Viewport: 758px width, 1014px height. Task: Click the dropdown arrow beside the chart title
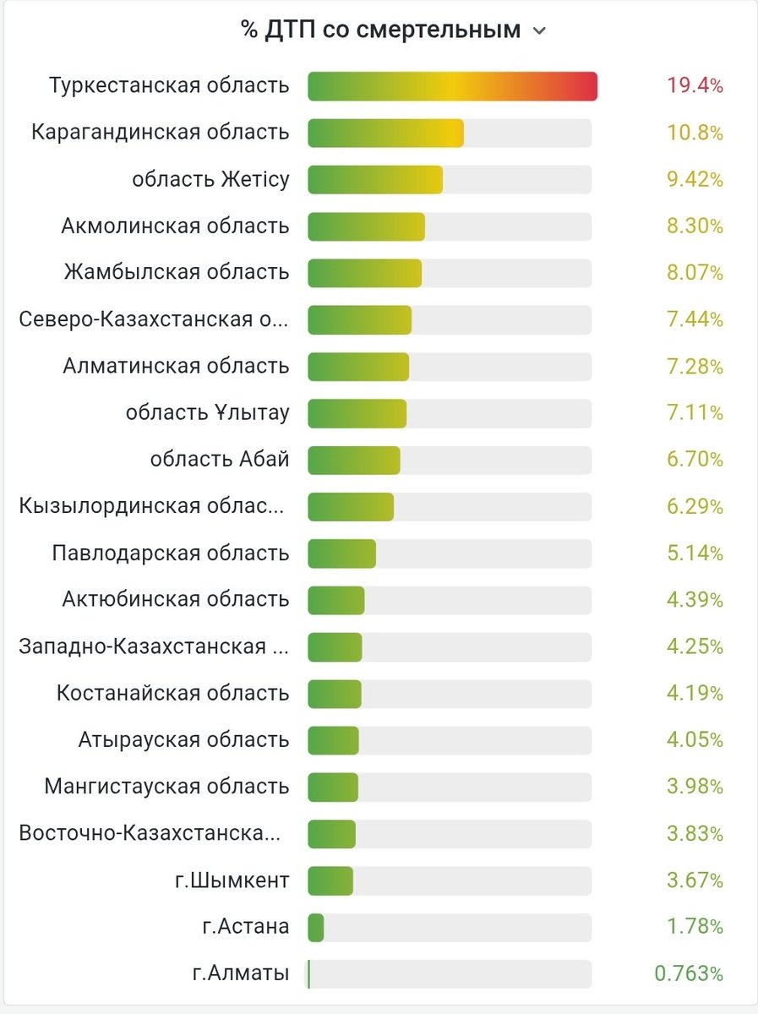coord(539,32)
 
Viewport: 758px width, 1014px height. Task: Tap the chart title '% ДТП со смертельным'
coord(380,30)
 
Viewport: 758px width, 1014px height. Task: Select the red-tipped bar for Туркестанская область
coord(452,86)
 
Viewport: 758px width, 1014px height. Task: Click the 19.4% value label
coord(695,86)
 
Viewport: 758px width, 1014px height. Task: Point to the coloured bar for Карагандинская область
coord(385,133)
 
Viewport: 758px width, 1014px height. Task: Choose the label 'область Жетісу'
coord(210,179)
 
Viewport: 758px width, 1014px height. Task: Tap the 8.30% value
coord(695,226)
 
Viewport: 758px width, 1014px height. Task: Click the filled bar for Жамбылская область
coord(364,273)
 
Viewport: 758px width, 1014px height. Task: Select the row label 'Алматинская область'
coord(176,366)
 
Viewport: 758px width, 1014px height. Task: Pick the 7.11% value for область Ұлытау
coord(695,413)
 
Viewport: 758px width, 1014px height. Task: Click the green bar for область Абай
coord(353,460)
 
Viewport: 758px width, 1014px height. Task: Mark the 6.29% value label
coord(695,507)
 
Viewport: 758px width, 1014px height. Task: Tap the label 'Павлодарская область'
coord(171,553)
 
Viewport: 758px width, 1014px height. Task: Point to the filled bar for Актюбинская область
coord(336,600)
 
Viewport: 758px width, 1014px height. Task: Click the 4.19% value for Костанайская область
coord(695,694)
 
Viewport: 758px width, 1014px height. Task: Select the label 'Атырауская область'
coord(183,740)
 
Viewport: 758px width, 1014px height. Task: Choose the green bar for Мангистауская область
coord(333,787)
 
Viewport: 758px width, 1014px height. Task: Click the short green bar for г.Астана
coord(316,927)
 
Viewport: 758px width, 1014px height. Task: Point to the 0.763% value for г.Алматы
coord(689,973)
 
